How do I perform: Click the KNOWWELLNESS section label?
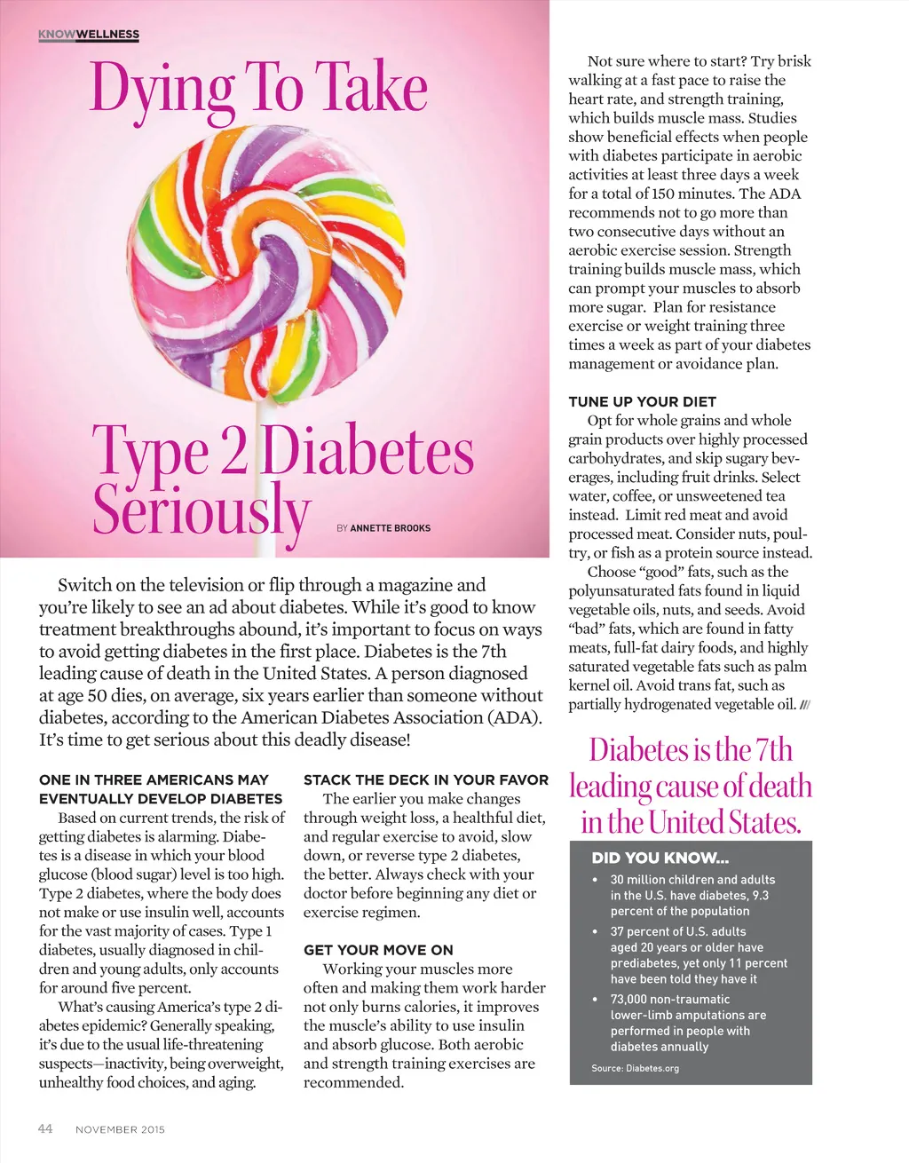pyautogui.click(x=89, y=35)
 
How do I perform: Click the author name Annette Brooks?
pyautogui.click(x=390, y=528)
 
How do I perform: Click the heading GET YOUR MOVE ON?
pyautogui.click(x=378, y=950)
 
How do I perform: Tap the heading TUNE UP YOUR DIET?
pyautogui.click(x=642, y=401)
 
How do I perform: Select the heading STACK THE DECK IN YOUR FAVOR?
pyautogui.click(x=426, y=779)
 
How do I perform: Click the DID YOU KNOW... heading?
pyautogui.click(x=660, y=858)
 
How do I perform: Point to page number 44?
pyautogui.click(x=45, y=1128)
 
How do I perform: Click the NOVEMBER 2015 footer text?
pyautogui.click(x=120, y=1129)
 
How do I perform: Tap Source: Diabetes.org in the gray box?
pyautogui.click(x=635, y=1068)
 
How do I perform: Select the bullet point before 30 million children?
pyautogui.click(x=595, y=880)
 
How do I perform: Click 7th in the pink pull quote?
pyautogui.click(x=773, y=750)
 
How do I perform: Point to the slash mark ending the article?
pyautogui.click(x=805, y=705)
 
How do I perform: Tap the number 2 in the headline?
pyautogui.click(x=233, y=452)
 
